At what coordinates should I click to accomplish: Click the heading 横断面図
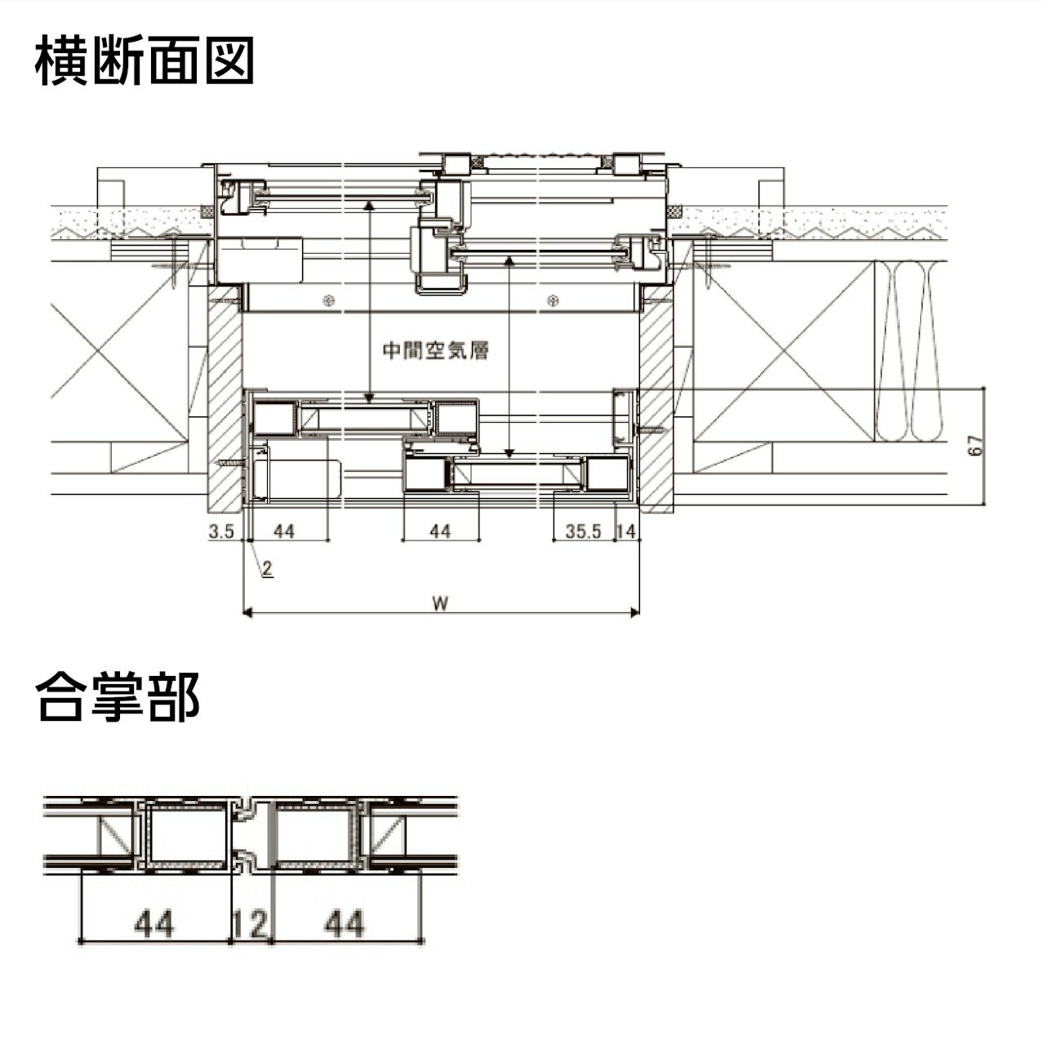[144, 60]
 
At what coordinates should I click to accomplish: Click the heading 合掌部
[118, 696]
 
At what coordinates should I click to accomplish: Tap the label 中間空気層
[436, 351]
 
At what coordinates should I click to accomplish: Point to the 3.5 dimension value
[221, 531]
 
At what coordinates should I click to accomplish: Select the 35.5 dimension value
[583, 531]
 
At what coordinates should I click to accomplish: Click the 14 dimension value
[626, 531]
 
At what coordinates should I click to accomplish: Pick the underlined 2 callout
[268, 569]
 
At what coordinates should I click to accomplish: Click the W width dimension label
[440, 603]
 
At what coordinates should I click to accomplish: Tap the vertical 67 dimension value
[974, 447]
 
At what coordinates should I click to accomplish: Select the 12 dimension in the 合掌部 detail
[250, 924]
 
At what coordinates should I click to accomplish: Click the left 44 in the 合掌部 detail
[154, 924]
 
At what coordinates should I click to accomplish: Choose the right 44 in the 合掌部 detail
[345, 924]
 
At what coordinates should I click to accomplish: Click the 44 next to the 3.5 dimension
[284, 531]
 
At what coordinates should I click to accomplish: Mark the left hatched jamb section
[225, 396]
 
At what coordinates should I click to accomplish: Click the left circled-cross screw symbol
[328, 300]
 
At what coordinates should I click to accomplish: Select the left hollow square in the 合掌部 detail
[186, 835]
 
